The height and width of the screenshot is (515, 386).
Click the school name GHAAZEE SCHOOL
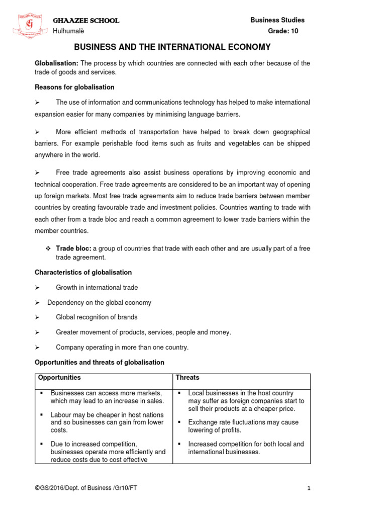coord(86,21)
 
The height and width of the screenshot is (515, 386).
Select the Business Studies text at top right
coord(277,20)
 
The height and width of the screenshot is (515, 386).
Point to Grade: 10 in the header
coord(286,32)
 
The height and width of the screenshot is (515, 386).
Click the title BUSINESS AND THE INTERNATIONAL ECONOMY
coord(172,47)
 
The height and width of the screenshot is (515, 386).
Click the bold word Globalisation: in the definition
coord(56,63)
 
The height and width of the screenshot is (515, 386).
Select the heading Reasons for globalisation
coord(74,87)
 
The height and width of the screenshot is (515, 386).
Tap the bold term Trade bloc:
coord(73,248)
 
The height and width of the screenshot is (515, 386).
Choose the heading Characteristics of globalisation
coord(83,272)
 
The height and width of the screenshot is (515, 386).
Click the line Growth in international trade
coord(96,288)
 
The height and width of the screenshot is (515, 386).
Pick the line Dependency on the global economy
coord(99,303)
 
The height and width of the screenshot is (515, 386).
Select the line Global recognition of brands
coord(96,317)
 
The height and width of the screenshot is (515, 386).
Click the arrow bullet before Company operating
coord(37,348)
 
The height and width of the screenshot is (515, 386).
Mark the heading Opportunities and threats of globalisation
coord(99,362)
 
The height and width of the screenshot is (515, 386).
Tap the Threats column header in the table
coord(187,378)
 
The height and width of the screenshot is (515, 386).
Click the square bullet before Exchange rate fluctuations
coord(179,422)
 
